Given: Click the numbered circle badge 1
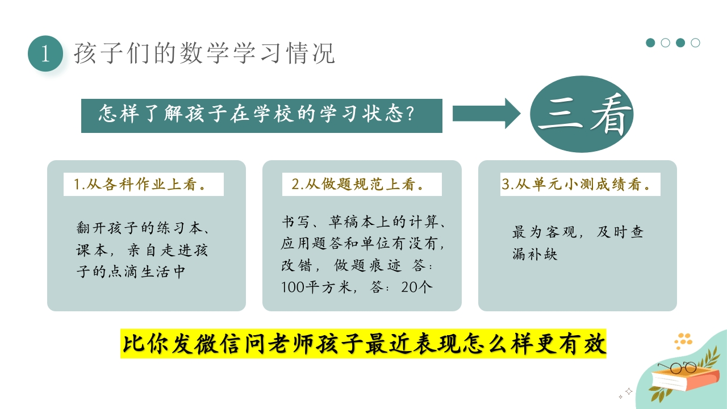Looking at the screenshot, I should click(45, 54).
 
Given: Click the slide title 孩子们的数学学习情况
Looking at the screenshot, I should click(204, 53).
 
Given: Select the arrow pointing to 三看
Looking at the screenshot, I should click(486, 114).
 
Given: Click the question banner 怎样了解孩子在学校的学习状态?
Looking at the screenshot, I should click(261, 116).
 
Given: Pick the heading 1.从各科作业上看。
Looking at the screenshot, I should click(143, 185).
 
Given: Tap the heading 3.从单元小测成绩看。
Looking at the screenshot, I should click(580, 185).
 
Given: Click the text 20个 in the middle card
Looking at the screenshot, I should click(416, 287).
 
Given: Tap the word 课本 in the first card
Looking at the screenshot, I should click(91, 250).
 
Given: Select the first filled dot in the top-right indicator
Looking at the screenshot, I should click(651, 43).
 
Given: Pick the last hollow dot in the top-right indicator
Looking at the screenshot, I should click(695, 43).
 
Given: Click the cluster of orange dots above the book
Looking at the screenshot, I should click(683, 340).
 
